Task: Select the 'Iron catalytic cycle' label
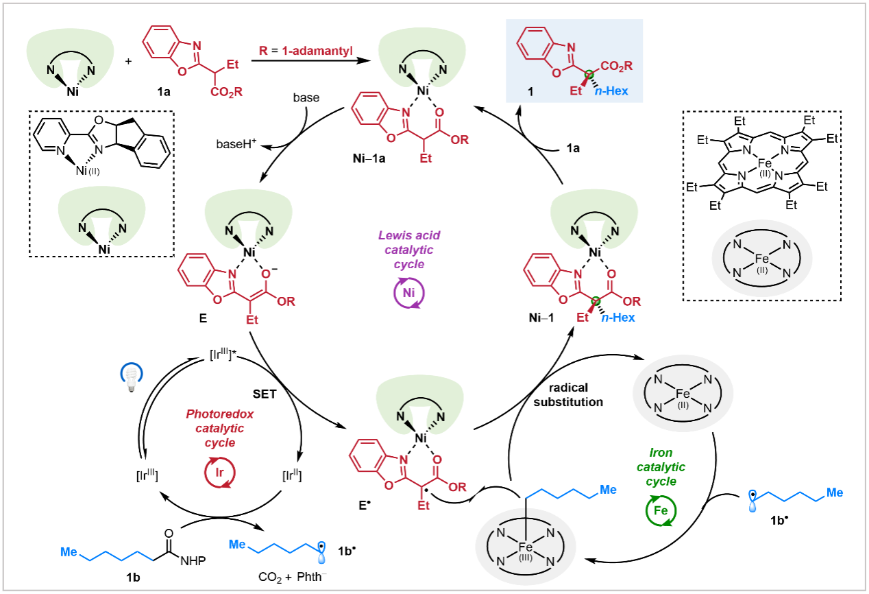(x=662, y=467)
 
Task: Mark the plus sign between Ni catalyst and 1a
(x=128, y=60)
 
